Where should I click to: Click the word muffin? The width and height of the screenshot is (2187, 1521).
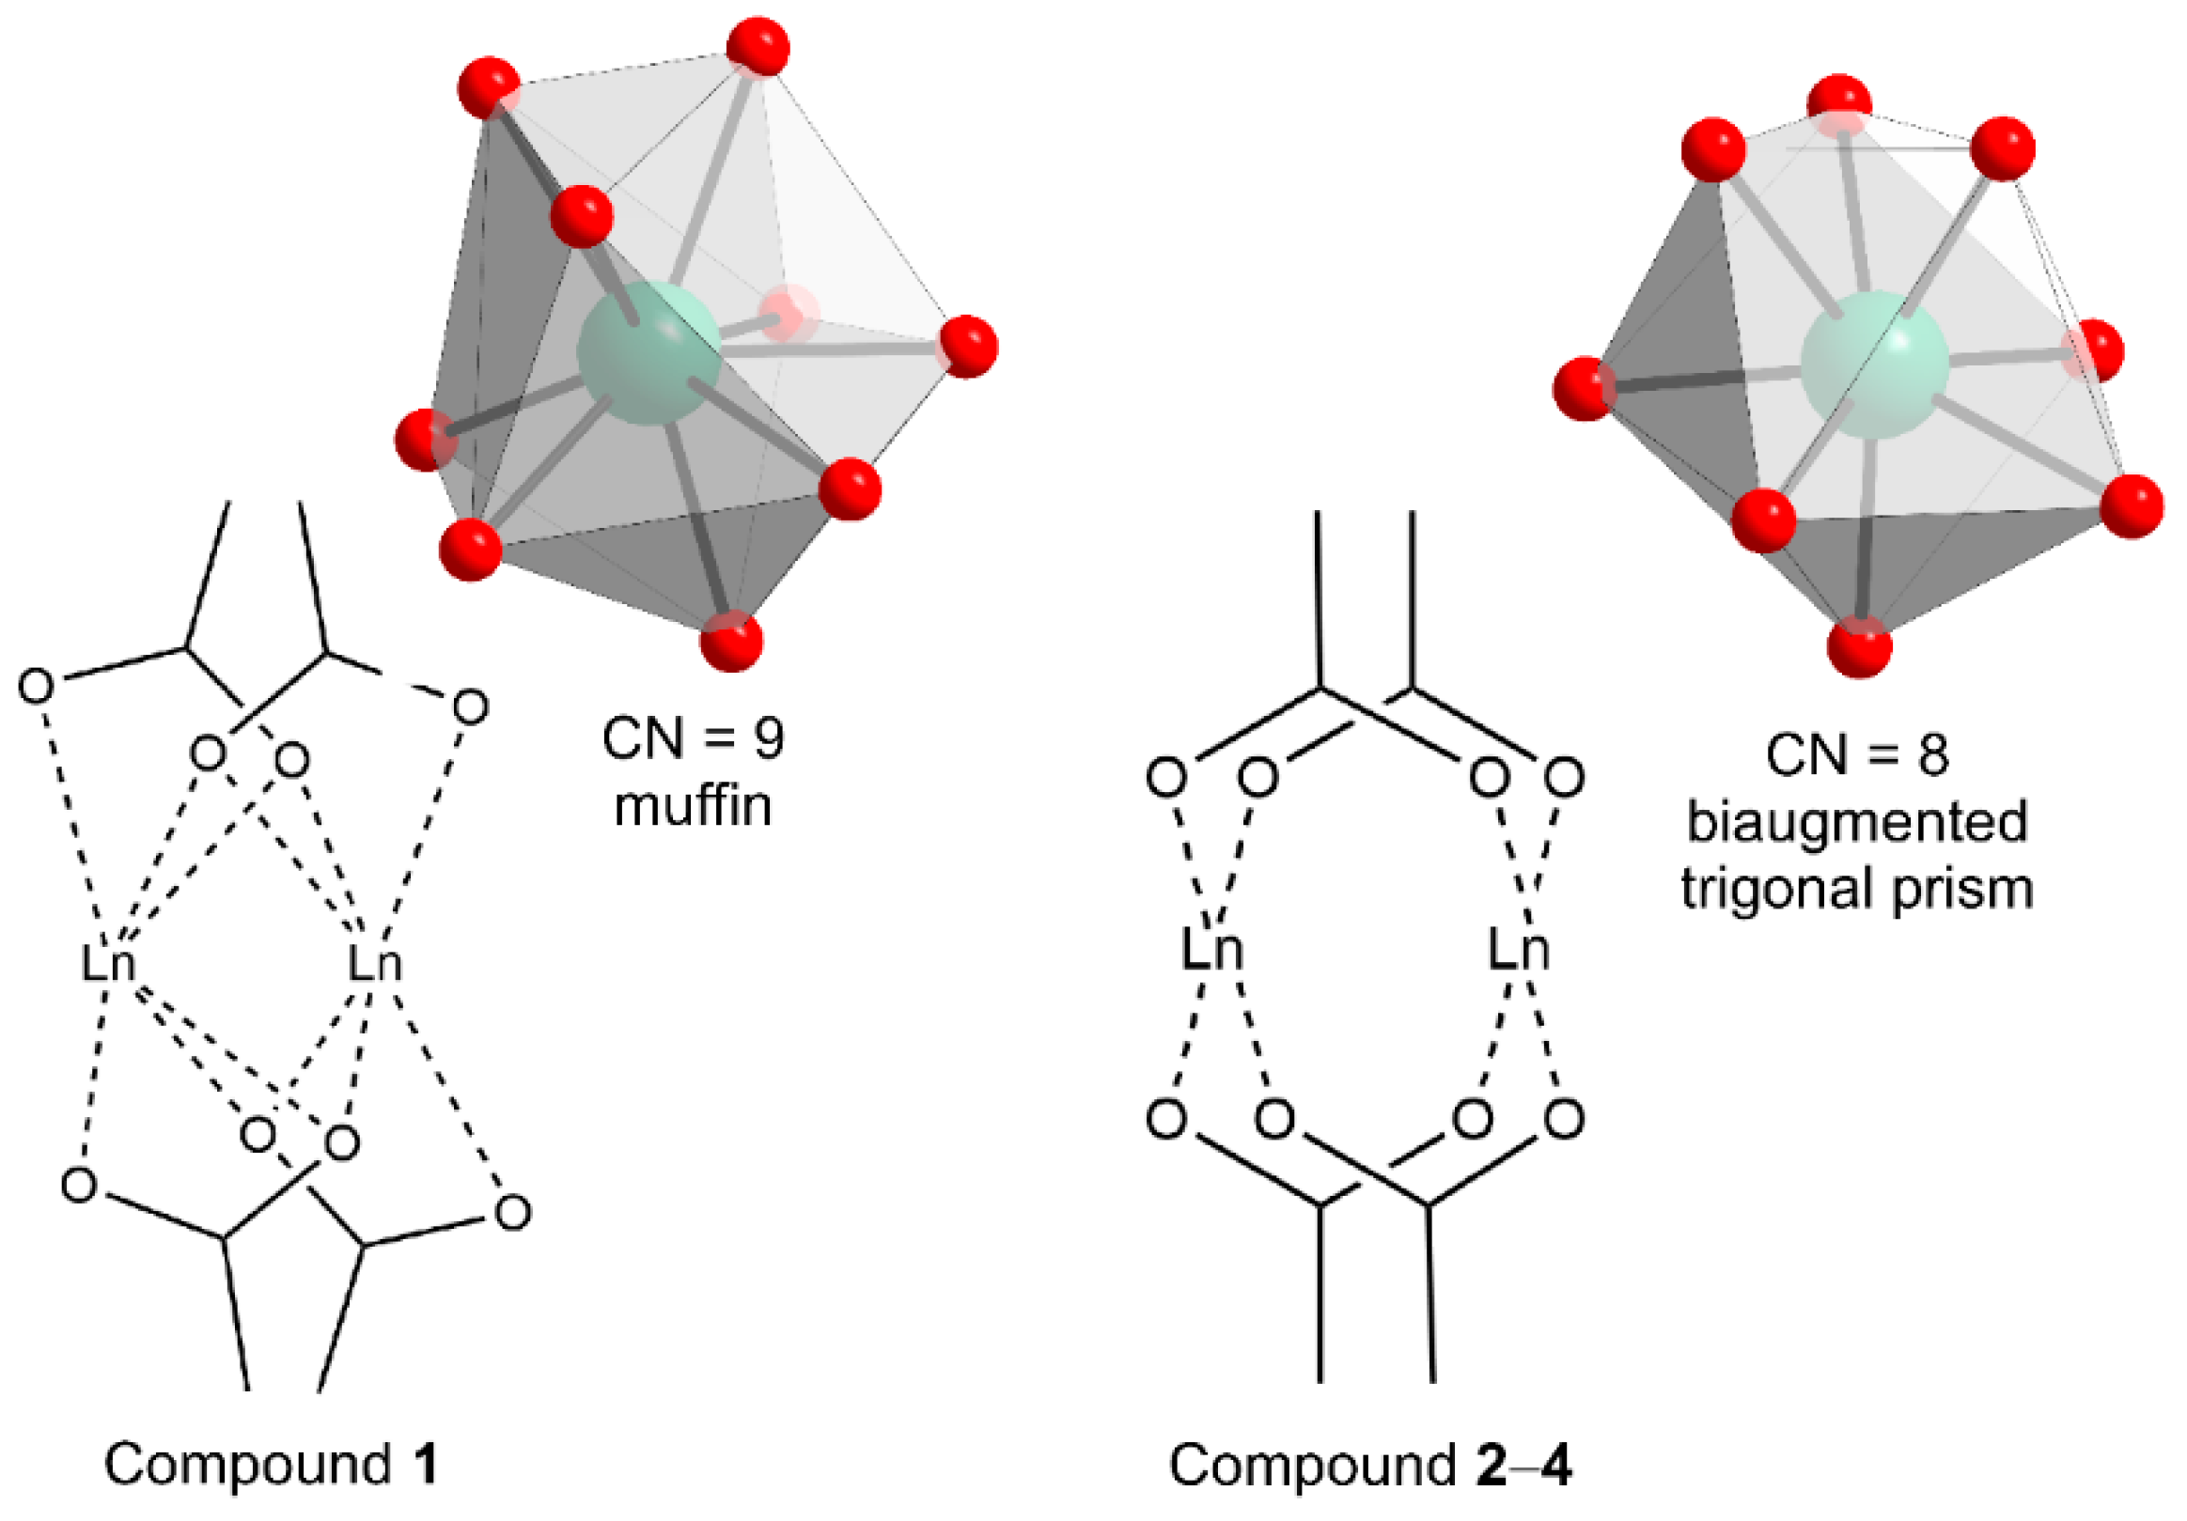pos(693,807)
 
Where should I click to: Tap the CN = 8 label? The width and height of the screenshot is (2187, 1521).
pos(1856,754)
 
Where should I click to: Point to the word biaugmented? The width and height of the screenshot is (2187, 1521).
pos(1856,821)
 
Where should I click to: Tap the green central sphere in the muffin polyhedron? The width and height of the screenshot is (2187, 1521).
pos(648,352)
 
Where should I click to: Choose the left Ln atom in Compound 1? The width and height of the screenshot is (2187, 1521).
pos(108,964)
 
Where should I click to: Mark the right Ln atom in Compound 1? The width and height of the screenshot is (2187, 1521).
pos(373,964)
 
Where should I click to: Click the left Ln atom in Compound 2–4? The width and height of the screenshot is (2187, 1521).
pos(1211,950)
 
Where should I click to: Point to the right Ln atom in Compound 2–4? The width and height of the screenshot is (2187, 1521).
pos(1519,950)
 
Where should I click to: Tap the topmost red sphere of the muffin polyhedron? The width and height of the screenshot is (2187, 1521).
pos(758,46)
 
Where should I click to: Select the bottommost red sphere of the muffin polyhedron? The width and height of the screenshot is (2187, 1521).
pos(731,641)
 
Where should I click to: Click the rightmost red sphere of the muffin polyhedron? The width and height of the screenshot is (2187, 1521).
pos(968,346)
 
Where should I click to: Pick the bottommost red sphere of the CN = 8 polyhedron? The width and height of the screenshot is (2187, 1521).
pos(1859,646)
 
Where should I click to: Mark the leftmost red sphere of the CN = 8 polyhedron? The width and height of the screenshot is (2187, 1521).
pos(1584,388)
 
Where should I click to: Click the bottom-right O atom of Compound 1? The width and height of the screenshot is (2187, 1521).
pos(513,1213)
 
